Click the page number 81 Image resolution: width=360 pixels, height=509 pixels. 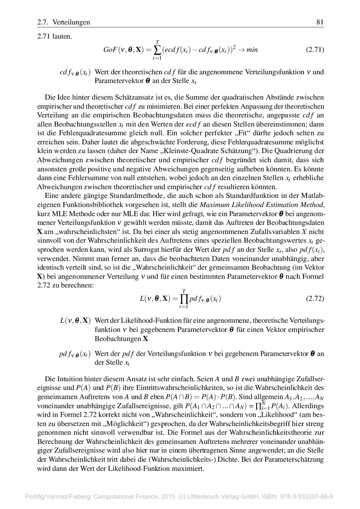pos(320,22)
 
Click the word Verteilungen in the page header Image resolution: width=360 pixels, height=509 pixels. pos(71,22)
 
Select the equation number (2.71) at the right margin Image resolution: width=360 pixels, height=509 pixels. pos(315,50)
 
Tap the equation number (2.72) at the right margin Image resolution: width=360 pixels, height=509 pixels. pos(315,299)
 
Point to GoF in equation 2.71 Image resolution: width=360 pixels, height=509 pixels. pos(110,50)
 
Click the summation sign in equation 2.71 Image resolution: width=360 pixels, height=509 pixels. pos(157,50)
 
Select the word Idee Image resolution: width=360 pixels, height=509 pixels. pos(66,97)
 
